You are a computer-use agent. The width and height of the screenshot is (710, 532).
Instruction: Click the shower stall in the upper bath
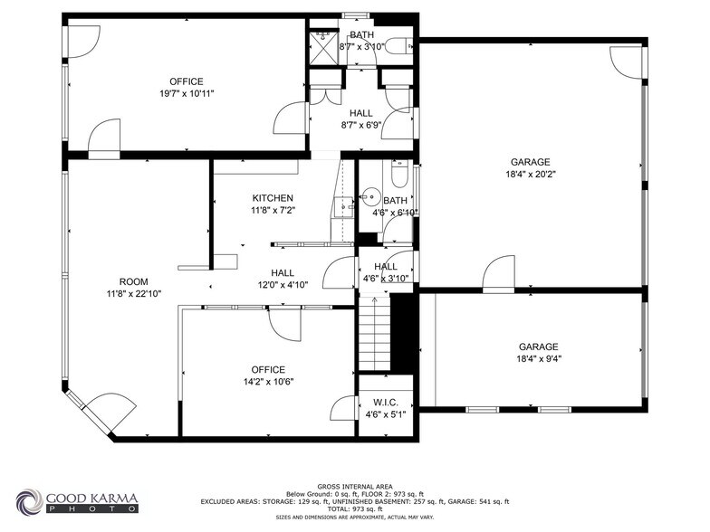321,38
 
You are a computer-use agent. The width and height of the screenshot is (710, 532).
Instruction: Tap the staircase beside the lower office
375,334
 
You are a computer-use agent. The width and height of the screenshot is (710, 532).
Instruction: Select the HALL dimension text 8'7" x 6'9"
361,126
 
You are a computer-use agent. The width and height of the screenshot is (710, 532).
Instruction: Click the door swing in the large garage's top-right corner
625,59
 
